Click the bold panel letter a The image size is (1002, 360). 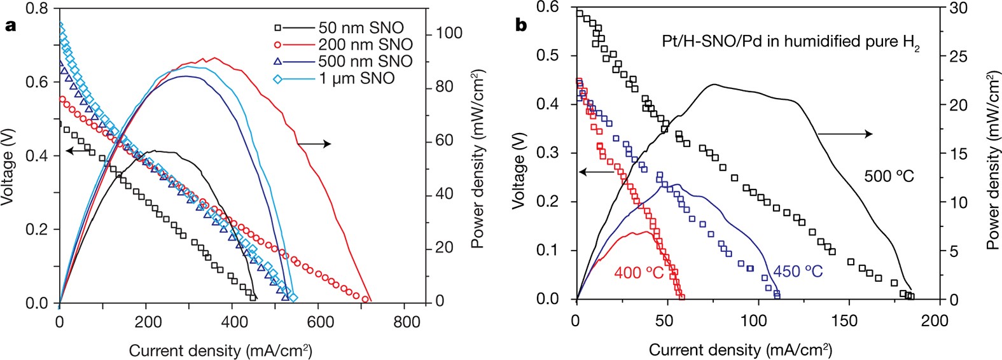point(9,26)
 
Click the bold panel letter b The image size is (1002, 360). point(521,26)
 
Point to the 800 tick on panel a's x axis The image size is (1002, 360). point(406,322)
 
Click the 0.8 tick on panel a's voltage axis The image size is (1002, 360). point(36,9)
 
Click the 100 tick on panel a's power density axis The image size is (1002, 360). point(449,33)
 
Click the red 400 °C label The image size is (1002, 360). point(639,273)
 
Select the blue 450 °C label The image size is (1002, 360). point(798,272)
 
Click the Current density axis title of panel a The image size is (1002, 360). point(220,350)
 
